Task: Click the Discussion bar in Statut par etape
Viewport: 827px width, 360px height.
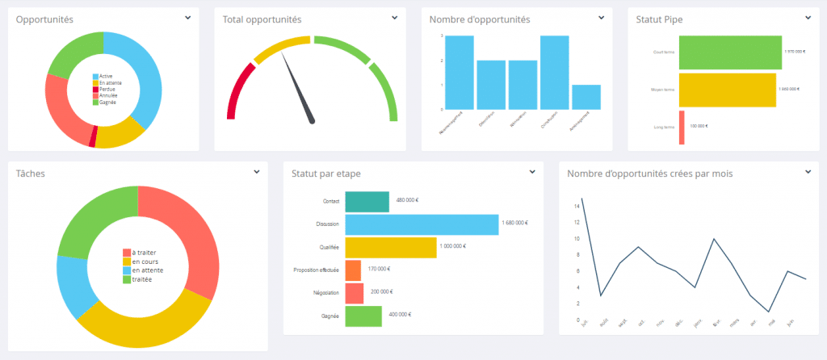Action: coord(421,224)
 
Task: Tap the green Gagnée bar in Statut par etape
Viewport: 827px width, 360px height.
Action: coord(363,316)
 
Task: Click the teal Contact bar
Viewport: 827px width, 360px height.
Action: coord(367,201)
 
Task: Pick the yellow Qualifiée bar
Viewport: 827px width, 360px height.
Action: coord(390,247)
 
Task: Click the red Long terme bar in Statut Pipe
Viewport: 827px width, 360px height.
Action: coord(682,127)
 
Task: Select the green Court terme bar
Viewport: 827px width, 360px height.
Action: coord(730,52)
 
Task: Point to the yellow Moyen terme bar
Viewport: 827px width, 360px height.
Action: coord(727,90)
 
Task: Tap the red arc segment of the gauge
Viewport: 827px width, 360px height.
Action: coord(239,89)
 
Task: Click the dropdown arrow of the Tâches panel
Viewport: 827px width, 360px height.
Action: coord(256,171)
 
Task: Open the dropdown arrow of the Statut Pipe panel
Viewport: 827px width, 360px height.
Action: coord(808,17)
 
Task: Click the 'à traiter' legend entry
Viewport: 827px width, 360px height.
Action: coord(145,252)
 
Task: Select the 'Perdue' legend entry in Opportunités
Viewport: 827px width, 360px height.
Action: coord(107,89)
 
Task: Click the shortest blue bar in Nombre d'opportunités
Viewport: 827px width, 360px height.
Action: coord(586,97)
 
